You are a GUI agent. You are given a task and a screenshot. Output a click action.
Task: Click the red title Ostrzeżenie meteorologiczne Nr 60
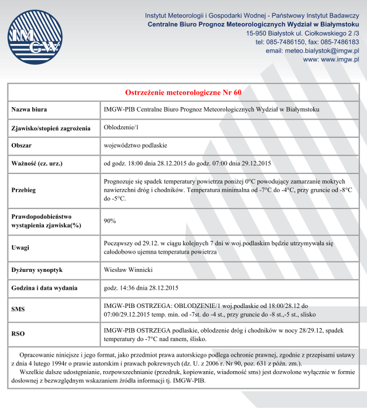coord(183,92)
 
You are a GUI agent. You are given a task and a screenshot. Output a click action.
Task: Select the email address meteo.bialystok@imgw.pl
coord(312,51)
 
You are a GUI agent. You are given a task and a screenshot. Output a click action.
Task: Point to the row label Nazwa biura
coord(29,109)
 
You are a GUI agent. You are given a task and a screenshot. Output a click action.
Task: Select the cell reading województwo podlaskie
coord(136,145)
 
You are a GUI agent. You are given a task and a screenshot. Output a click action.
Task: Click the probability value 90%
coord(110,220)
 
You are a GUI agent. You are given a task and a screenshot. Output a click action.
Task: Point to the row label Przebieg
coord(24,190)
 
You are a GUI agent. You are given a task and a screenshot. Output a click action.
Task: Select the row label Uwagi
coord(20,248)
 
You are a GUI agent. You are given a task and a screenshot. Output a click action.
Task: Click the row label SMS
coord(18,309)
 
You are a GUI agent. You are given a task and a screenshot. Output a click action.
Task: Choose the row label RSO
coord(18,334)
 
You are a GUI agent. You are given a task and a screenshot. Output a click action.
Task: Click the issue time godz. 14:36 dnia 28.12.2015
coord(141,288)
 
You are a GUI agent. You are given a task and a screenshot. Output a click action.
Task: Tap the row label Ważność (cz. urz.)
coord(37,164)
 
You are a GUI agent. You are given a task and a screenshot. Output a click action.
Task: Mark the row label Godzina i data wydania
coord(45,288)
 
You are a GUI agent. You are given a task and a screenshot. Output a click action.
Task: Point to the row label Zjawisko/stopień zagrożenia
coord(51,128)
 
